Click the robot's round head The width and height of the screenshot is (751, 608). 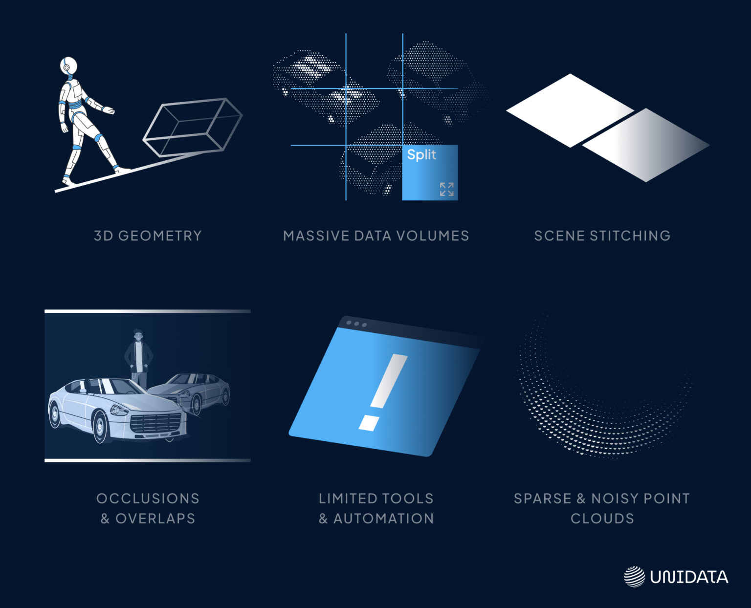[x=68, y=65]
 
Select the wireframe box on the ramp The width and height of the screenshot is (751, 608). [x=193, y=127]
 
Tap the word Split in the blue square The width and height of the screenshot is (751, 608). [x=421, y=155]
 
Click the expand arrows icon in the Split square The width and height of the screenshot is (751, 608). [x=447, y=189]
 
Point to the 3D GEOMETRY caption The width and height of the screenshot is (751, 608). [x=148, y=236]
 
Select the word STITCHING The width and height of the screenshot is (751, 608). [x=630, y=236]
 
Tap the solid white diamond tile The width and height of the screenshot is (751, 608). [x=570, y=110]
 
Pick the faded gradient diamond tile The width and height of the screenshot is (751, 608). [x=646, y=145]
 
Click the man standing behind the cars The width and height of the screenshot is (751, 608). [x=138, y=358]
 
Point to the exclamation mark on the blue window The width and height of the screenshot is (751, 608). [x=383, y=392]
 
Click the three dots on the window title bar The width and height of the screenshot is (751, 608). [x=356, y=324]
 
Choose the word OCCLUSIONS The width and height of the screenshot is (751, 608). [x=148, y=499]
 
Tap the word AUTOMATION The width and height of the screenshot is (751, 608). [x=384, y=519]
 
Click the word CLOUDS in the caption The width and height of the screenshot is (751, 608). [x=602, y=519]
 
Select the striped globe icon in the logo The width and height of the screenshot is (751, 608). [x=634, y=577]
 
